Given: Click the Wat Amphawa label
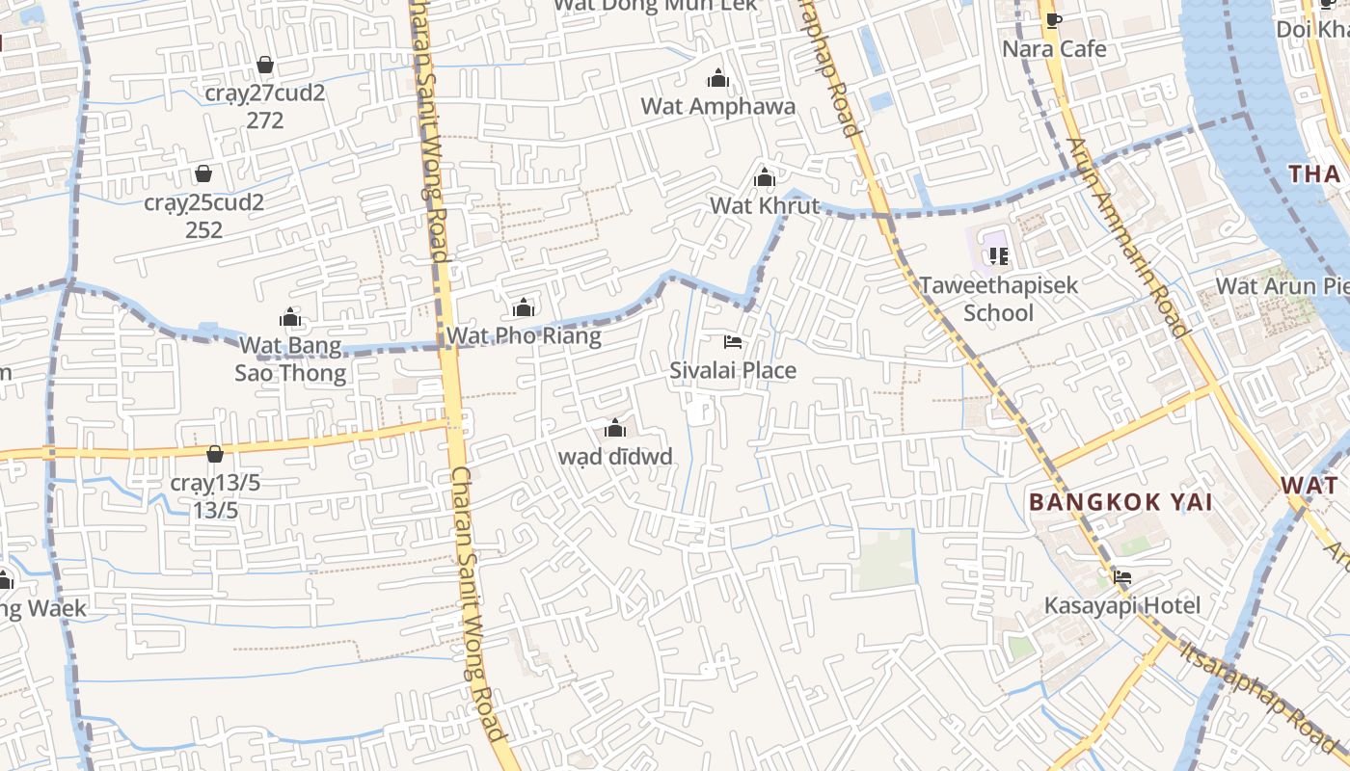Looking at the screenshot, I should coord(718,106).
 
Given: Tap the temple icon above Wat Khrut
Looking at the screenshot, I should coord(765,177).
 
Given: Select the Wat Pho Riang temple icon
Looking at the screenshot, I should coord(524,308).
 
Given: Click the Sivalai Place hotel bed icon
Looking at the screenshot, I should coord(733,342).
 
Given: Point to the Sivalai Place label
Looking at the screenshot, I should coord(733,370).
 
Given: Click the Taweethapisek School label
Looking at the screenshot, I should coord(998,299).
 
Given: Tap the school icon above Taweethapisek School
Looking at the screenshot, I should coord(999,256).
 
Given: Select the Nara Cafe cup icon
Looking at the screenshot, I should coord(1054,20).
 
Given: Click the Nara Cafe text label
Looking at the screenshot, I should coord(1054,48).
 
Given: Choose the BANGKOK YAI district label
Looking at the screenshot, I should coord(1120,502).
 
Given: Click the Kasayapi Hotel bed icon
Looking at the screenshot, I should coord(1122,577).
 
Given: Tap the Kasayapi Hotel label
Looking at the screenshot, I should coord(1122,605).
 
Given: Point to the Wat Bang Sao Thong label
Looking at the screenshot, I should coord(290,359).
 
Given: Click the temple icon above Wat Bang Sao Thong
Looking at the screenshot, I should coord(290,317).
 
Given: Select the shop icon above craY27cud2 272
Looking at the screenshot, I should coord(265,66).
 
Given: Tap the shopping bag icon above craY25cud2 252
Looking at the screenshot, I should coord(203,174).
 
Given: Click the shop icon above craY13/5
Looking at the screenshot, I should coord(215,454).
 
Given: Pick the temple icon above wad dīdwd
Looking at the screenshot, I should coord(615,429).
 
